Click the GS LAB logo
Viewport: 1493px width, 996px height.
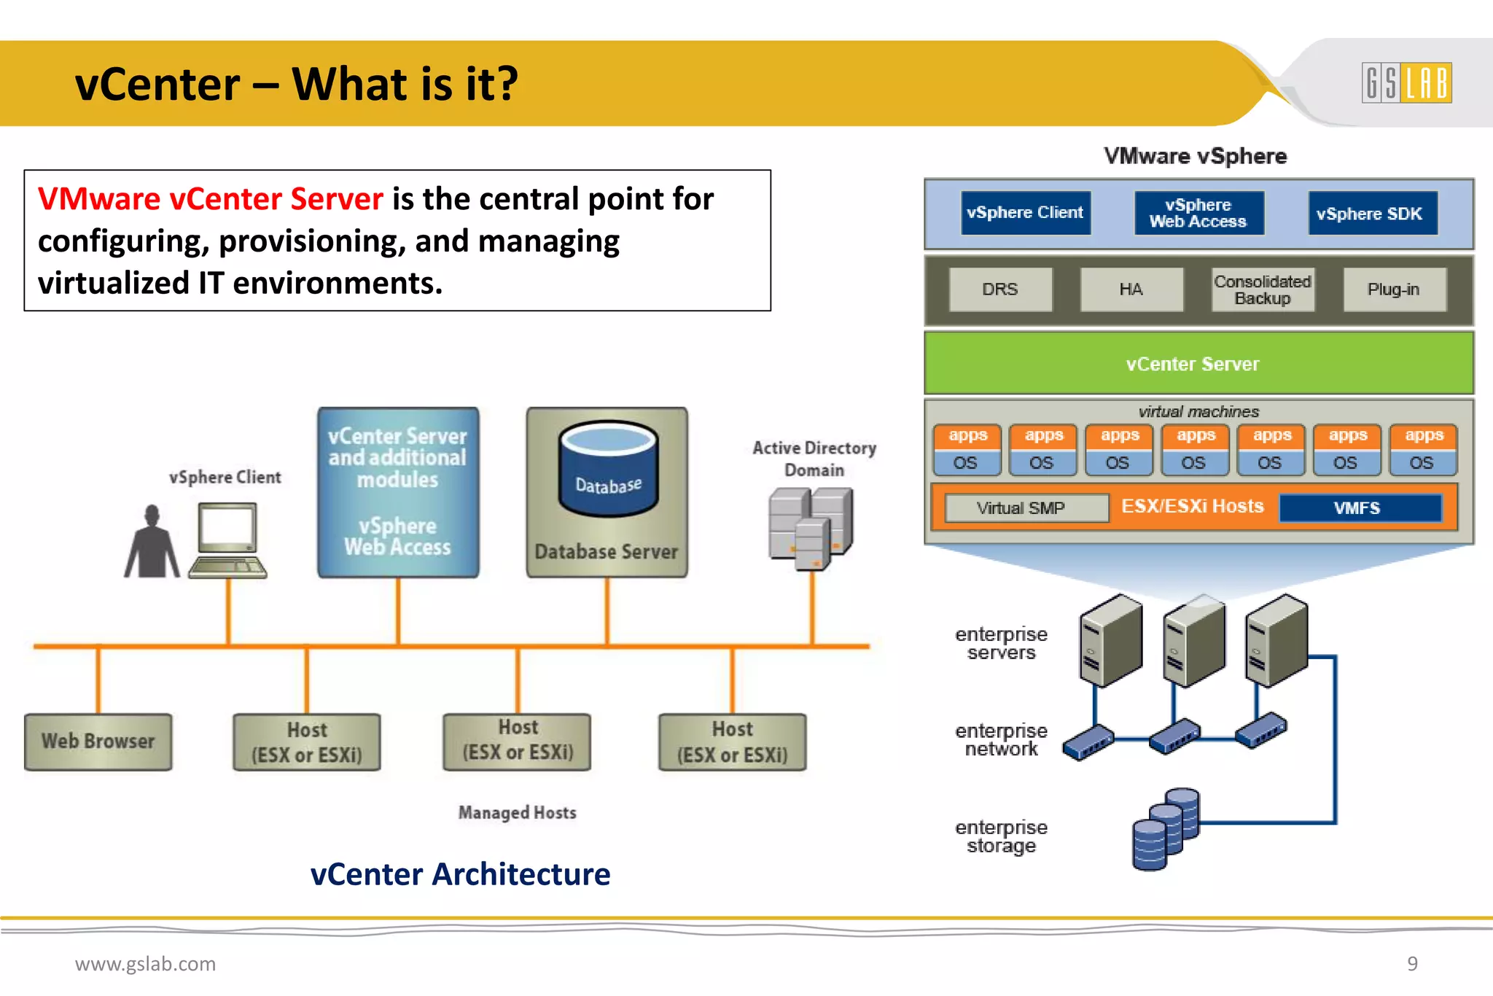coord(1406,82)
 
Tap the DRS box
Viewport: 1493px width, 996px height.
coord(1000,289)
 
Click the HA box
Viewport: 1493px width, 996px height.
coord(1131,289)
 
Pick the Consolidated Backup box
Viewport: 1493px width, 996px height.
coord(1262,289)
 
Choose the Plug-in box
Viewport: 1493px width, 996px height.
coord(1393,289)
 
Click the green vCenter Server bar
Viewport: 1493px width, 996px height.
coord(1198,363)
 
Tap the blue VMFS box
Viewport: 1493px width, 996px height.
coord(1360,507)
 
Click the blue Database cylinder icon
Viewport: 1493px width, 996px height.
coord(608,470)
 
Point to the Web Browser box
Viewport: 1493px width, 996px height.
coord(98,742)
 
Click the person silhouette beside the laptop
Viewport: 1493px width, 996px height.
coord(152,543)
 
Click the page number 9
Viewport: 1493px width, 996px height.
coord(1412,964)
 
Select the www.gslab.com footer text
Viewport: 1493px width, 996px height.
coord(145,964)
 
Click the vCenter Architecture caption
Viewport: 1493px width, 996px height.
coord(460,874)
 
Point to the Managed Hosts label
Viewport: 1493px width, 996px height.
coord(517,812)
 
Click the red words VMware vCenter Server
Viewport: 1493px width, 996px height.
coord(210,199)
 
